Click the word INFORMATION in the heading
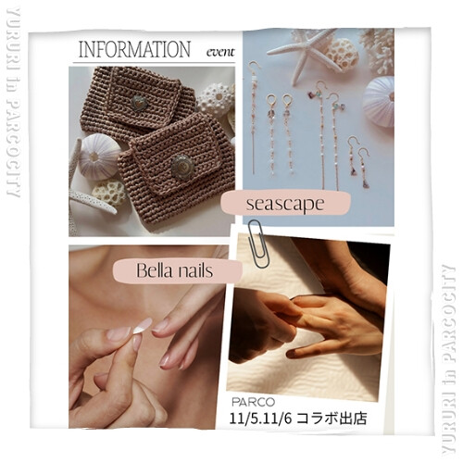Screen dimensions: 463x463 (x=133, y=49)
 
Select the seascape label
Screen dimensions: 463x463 (x=285, y=204)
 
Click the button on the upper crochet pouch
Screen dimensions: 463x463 (x=139, y=103)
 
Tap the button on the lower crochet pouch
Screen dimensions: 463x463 (x=181, y=167)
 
